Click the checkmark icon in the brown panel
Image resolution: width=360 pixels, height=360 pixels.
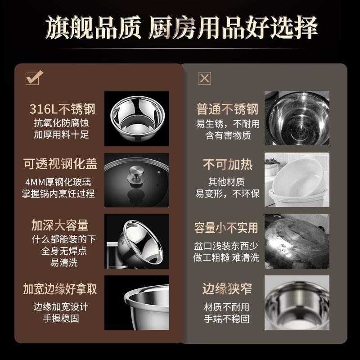(34, 78)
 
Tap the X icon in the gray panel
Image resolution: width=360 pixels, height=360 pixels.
(205, 78)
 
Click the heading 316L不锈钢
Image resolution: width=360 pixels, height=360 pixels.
(63, 109)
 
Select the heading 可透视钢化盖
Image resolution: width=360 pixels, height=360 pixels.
(60, 164)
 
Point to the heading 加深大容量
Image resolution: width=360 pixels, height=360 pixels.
(60, 225)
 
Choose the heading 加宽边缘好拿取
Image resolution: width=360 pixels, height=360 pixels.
(60, 289)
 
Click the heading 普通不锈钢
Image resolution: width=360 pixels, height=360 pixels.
(227, 109)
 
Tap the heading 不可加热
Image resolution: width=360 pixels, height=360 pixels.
(228, 164)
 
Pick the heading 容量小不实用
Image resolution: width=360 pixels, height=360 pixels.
(226, 228)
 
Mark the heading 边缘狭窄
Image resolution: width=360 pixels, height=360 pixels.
(227, 288)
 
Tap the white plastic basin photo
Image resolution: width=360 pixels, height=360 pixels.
(297, 180)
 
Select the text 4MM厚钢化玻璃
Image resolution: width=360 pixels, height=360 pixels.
(58, 182)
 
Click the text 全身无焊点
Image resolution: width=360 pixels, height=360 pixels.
(64, 251)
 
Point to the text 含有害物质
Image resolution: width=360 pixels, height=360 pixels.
(228, 135)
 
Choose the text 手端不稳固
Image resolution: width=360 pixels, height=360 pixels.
(227, 319)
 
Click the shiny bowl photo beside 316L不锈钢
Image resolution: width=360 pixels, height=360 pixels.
(137, 118)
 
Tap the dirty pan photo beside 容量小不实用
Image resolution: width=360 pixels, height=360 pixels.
(297, 241)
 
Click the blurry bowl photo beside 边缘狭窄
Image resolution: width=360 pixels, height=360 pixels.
(297, 302)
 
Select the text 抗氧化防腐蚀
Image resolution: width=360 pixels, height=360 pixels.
(61, 123)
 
